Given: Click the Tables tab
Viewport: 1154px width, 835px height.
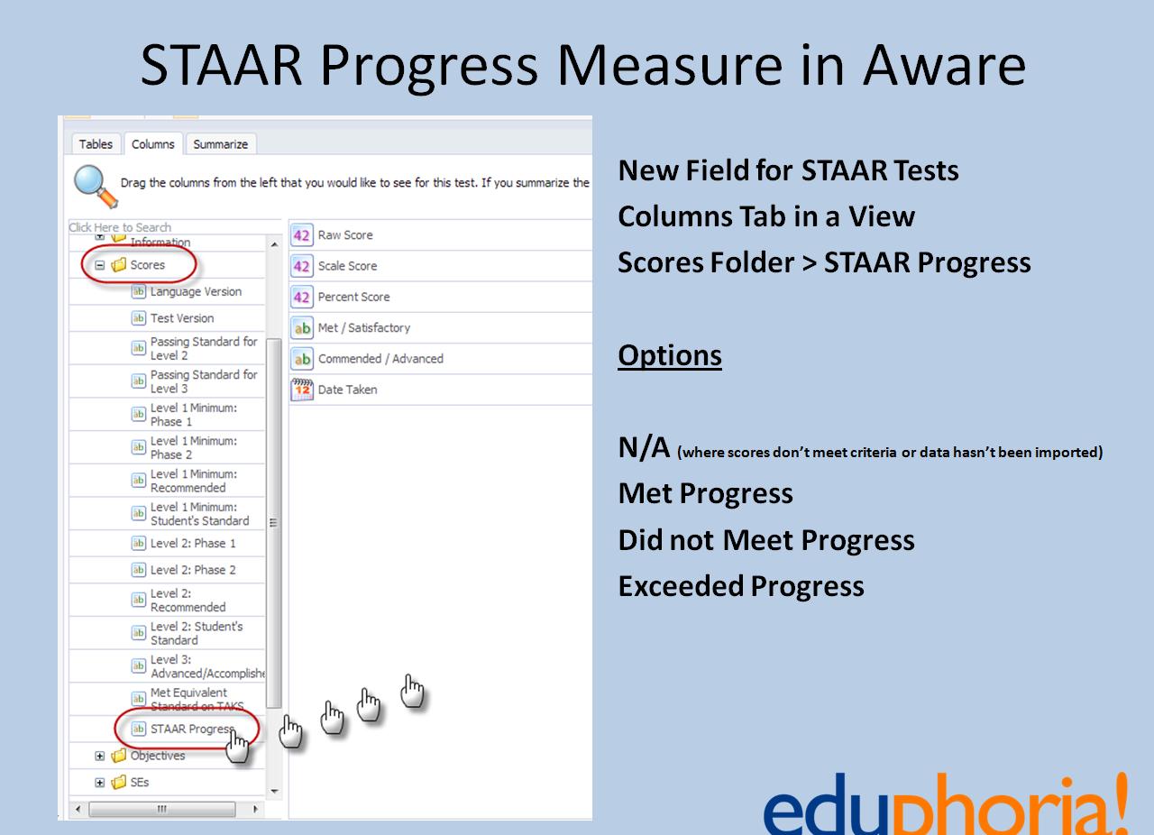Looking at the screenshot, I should [x=96, y=144].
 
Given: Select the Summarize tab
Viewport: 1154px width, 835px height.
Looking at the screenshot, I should [x=220, y=144].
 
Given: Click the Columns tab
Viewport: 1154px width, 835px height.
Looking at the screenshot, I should [x=152, y=144].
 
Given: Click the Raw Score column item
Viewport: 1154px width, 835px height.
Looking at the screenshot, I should [x=344, y=235].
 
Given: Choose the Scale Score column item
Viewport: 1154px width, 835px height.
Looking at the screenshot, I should [x=347, y=266].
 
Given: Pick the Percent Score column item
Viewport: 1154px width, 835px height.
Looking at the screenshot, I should [x=353, y=297].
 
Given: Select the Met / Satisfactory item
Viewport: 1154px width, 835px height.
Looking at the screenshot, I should [x=363, y=328].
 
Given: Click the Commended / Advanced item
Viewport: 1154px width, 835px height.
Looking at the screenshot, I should [x=380, y=359].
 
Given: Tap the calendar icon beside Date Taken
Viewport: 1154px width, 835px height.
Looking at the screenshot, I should [x=302, y=390].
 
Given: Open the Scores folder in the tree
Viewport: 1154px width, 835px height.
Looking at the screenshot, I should [x=147, y=265].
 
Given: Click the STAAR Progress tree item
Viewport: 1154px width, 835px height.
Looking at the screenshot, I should [x=191, y=729].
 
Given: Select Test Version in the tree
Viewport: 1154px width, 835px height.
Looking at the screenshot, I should [x=181, y=318].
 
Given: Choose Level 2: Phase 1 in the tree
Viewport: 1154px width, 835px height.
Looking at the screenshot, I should [x=193, y=544].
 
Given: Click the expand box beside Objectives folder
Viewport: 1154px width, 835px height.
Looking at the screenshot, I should [x=100, y=756].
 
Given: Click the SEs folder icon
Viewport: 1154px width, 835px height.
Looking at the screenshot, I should [x=118, y=783].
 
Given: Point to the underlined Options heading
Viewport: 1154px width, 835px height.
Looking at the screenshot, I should [x=670, y=355].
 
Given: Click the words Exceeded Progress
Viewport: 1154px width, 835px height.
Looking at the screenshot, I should [x=741, y=586].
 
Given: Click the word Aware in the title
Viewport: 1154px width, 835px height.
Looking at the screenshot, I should [x=944, y=65].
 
